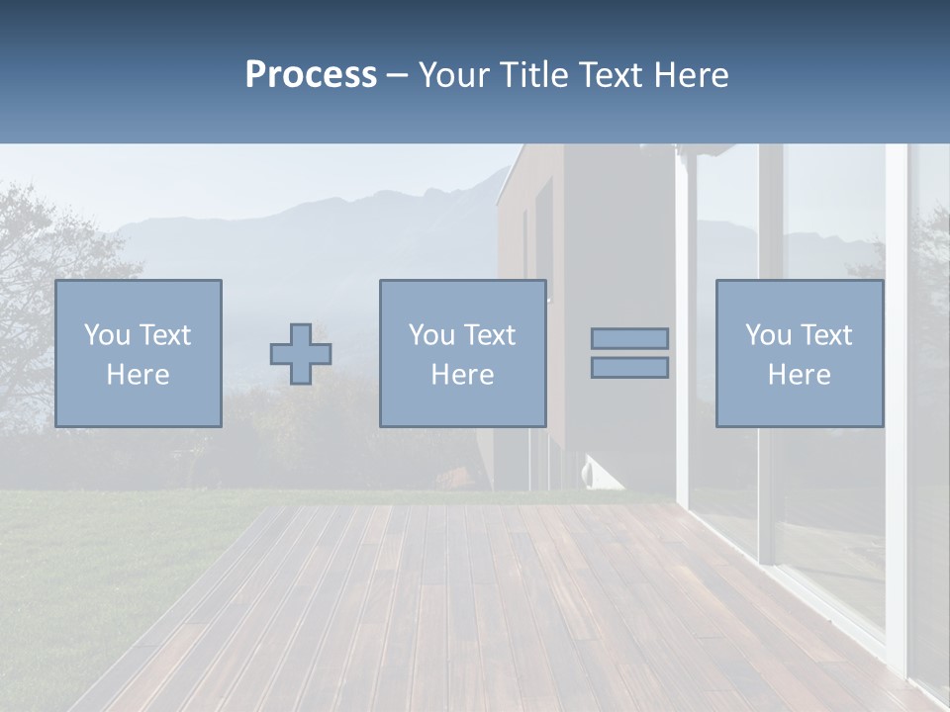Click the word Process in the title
coord(311,75)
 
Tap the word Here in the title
coord(690,75)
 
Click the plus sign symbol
coord(301,354)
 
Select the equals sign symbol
coord(629,353)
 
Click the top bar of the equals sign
coord(629,339)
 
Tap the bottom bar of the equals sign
coord(629,368)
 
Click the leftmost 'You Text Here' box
coord(139,353)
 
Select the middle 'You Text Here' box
coord(462,353)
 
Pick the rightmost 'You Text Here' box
coord(800,353)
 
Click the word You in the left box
coord(107,335)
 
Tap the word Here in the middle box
coord(462,375)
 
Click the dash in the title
coord(398,76)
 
